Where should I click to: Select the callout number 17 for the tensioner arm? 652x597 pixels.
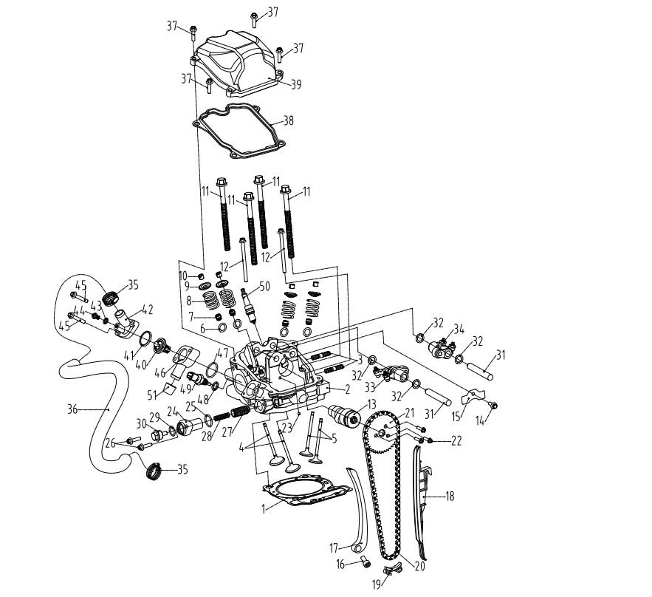334,548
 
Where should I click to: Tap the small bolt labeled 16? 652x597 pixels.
365,564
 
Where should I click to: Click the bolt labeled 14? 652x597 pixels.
493,405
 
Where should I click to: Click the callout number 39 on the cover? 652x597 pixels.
295,84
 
